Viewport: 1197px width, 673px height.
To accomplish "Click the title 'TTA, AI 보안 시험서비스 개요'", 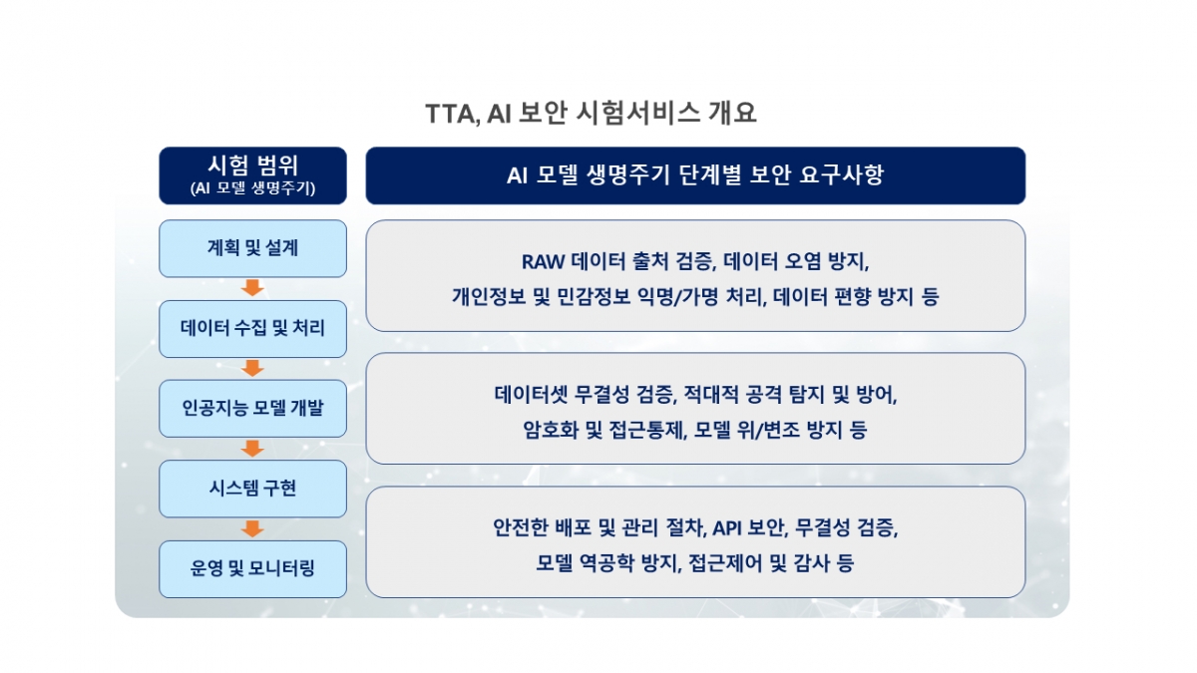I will (592, 113).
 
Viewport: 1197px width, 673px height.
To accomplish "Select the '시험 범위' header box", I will (252, 175).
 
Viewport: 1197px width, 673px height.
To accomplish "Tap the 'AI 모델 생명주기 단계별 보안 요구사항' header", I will (695, 175).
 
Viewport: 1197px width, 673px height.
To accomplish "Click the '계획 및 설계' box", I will (252, 248).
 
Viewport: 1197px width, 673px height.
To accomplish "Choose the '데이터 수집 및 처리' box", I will (252, 328).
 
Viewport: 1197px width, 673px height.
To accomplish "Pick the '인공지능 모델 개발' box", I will (252, 408).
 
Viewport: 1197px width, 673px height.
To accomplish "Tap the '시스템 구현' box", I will (252, 489).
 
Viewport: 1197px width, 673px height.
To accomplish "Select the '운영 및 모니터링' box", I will (252, 568).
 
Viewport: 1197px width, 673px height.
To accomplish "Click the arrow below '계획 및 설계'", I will (252, 288).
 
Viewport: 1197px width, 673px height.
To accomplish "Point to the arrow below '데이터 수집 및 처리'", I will (252, 368).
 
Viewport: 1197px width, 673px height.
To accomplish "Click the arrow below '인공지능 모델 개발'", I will (252, 449).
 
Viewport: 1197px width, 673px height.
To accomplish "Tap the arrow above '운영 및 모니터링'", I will (252, 528).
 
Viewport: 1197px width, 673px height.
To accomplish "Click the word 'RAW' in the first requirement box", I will (544, 262).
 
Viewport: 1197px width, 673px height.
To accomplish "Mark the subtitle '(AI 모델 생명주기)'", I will (252, 187).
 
